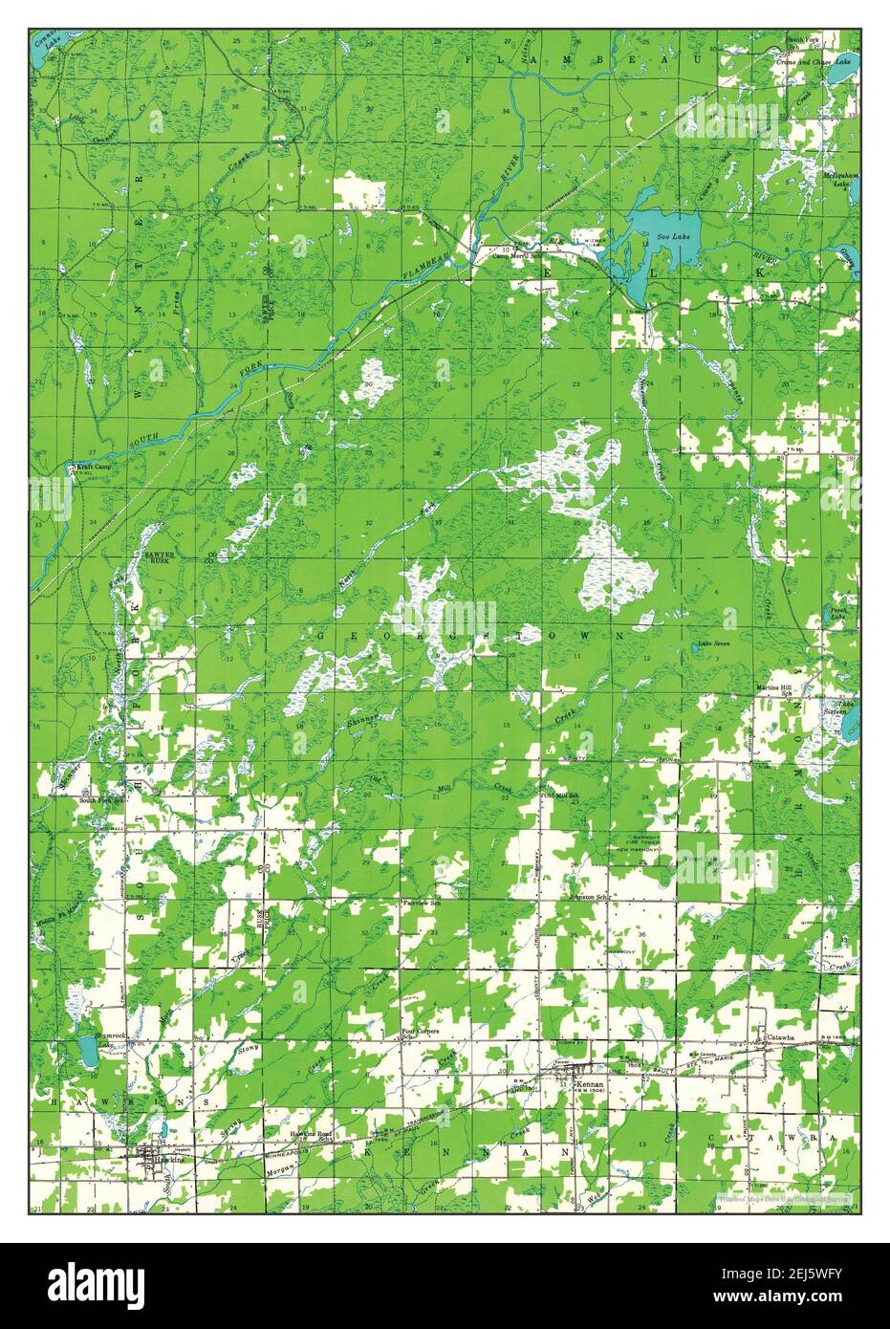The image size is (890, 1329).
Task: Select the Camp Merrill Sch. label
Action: pyautogui.click(x=518, y=255)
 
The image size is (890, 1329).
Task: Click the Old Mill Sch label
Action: pyautogui.click(x=562, y=795)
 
